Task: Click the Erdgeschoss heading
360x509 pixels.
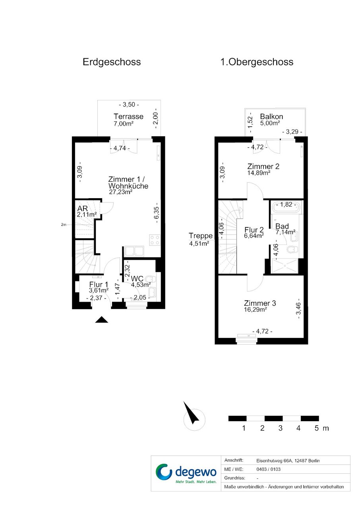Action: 112,62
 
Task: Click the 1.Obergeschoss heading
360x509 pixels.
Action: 257,62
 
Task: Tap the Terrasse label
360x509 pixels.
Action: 128,117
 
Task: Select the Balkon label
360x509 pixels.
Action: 271,117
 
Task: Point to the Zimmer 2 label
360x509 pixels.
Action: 263,166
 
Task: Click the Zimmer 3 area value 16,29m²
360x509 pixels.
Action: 255,310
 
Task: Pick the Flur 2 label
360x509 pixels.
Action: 254,230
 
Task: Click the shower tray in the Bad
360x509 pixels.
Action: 285,266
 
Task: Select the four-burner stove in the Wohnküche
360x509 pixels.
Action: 155,240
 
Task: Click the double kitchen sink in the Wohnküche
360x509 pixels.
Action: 134,252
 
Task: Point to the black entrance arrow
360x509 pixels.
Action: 101,320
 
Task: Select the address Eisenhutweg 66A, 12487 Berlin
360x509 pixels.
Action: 288,461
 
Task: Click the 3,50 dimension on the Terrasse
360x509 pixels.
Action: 129,104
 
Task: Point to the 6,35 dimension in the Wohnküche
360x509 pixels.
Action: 157,213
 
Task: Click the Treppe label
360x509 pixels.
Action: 201,236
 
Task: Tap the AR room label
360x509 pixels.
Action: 82,208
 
